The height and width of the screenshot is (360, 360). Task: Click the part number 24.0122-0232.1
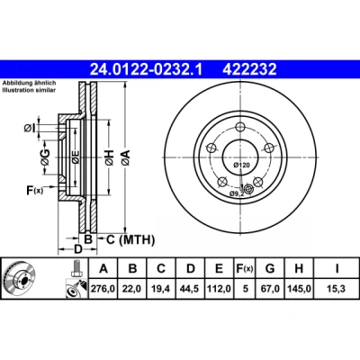pyautogui.click(x=147, y=69)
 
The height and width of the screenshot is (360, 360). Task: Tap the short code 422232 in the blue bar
pyautogui.click(x=249, y=69)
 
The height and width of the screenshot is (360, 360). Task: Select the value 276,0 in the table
pyautogui.click(x=103, y=289)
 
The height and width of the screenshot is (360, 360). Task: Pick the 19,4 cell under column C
pyautogui.click(x=161, y=289)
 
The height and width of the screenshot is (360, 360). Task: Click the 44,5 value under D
pyautogui.click(x=190, y=289)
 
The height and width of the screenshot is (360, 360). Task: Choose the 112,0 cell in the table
pyautogui.click(x=220, y=289)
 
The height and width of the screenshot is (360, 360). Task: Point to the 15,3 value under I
pyautogui.click(x=337, y=289)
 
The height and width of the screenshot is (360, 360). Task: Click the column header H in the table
pyautogui.click(x=299, y=268)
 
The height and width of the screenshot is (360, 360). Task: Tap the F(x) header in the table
pyautogui.click(x=245, y=268)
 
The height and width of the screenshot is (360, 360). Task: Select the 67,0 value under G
pyautogui.click(x=270, y=289)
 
